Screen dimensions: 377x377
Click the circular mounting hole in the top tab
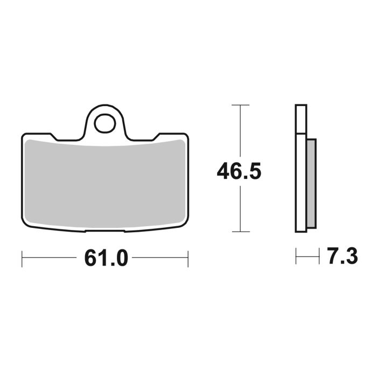pyautogui.click(x=104, y=123)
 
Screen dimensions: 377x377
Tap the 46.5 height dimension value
pyautogui.click(x=239, y=172)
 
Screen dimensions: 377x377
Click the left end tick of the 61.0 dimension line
pyautogui.click(x=22, y=259)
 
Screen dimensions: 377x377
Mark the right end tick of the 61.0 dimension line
pyautogui.click(x=187, y=259)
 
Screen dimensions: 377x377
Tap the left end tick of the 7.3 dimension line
pyautogui.click(x=296, y=256)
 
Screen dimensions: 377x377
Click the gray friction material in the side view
pyautogui.click(x=311, y=183)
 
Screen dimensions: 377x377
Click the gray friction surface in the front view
pyautogui.click(x=105, y=183)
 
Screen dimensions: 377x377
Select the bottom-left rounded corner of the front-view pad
pyautogui.click(x=25, y=226)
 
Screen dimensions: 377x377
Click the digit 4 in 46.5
pyautogui.click(x=224, y=172)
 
